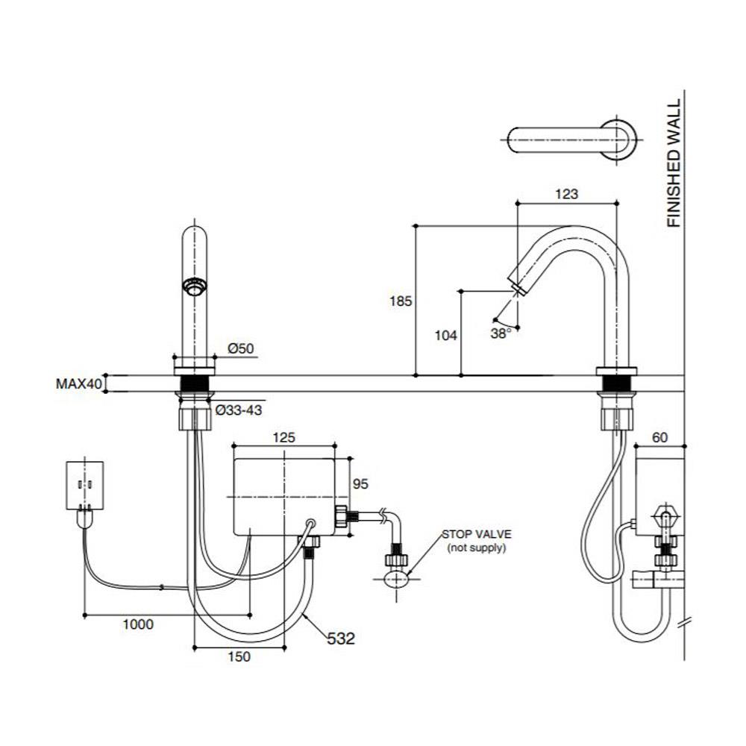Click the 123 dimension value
[x=567, y=195]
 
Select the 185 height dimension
[x=401, y=301]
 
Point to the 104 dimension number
[x=445, y=336]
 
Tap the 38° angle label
[x=501, y=333]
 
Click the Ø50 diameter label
[x=241, y=348]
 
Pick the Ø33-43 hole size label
[x=239, y=409]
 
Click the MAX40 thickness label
[x=78, y=384]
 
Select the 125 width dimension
[x=284, y=438]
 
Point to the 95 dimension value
[x=360, y=483]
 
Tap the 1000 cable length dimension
[x=139, y=624]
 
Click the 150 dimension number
[x=240, y=656]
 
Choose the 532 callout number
[x=339, y=639]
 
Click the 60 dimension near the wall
[x=659, y=438]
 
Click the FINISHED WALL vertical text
[x=674, y=163]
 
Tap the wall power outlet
[x=87, y=485]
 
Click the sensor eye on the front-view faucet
[x=195, y=286]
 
